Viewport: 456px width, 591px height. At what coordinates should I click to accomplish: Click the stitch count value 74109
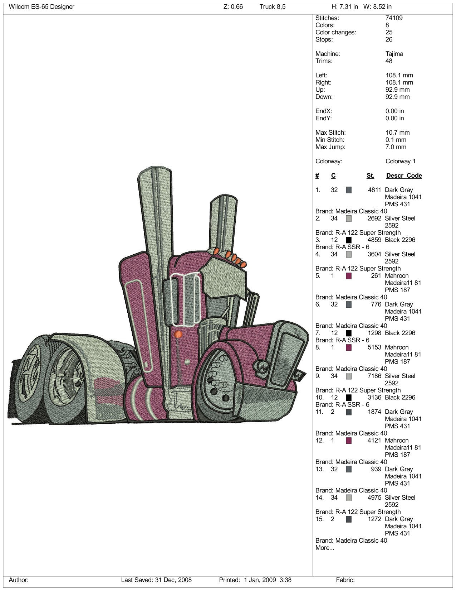pos(394,18)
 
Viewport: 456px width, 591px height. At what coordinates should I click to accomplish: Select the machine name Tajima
pos(394,54)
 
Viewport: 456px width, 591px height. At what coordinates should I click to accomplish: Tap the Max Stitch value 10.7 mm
pos(397,133)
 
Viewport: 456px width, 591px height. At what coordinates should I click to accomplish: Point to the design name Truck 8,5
pos(273,7)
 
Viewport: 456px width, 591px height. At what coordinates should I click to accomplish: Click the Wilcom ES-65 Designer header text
pos(41,7)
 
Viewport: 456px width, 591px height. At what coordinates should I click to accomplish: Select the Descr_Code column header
pos(404,176)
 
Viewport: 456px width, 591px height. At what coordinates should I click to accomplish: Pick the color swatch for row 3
pos(349,240)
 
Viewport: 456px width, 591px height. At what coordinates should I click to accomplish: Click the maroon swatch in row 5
pos(349,276)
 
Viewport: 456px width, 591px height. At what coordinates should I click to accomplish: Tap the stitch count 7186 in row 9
pos(374,376)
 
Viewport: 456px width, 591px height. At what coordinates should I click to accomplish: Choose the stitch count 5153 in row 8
pos(374,347)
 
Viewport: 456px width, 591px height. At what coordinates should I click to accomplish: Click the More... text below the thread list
pos(325,548)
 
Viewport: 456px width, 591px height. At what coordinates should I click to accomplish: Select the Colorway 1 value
pos(400,161)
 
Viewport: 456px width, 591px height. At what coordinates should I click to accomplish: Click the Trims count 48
pos(389,61)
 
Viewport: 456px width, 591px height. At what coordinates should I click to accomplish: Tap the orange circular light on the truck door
pos(178,335)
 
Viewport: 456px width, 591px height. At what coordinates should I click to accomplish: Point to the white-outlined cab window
pos(185,299)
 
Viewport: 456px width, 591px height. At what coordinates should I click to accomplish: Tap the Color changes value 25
pos(389,32)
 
